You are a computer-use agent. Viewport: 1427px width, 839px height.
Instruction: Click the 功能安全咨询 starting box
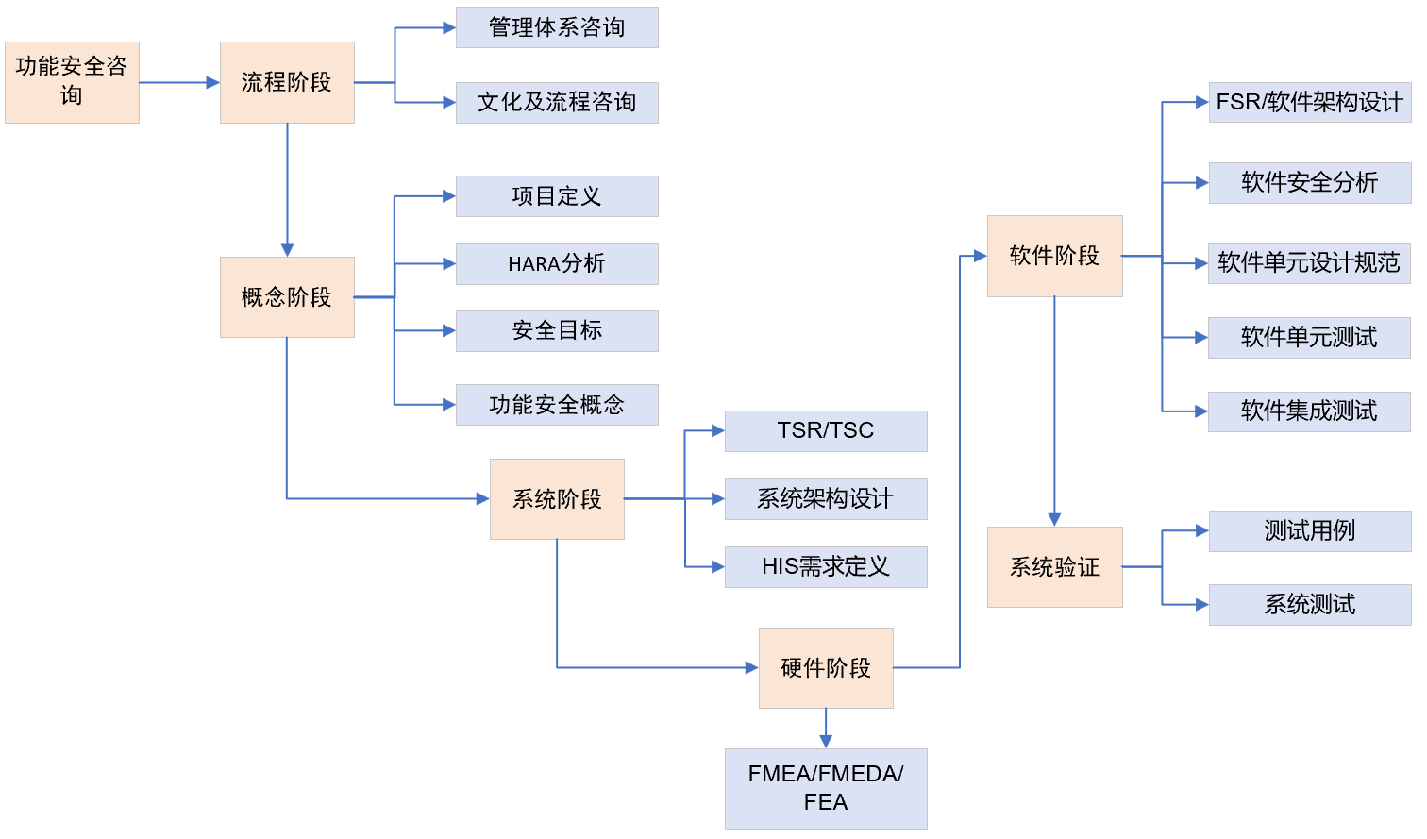[x=72, y=82]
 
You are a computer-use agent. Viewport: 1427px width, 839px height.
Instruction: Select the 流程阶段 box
[x=287, y=82]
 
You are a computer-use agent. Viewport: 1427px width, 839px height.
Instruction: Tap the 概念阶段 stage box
[x=287, y=297]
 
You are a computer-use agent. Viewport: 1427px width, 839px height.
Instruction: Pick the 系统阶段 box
[x=557, y=499]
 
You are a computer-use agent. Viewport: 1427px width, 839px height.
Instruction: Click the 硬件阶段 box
[x=826, y=668]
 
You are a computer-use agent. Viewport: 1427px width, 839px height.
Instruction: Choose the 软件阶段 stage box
[x=1054, y=256]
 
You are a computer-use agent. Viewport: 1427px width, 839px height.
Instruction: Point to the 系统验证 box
[x=1054, y=567]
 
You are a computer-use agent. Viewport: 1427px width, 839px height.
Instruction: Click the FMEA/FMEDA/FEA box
[x=826, y=788]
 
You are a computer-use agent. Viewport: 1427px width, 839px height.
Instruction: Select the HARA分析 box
[x=557, y=264]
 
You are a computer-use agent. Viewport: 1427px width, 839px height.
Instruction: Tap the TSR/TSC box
[x=826, y=431]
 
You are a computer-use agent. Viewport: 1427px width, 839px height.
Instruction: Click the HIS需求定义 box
[x=826, y=567]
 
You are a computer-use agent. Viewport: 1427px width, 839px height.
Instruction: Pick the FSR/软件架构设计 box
[x=1310, y=102]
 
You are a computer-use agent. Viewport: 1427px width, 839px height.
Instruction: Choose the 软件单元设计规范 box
[x=1310, y=263]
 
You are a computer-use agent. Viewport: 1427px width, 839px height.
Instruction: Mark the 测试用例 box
[x=1310, y=531]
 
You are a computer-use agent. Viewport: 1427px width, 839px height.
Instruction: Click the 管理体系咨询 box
[x=557, y=27]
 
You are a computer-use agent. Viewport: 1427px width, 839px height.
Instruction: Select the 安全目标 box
[x=557, y=331]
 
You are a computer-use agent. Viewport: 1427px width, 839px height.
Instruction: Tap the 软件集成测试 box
[x=1309, y=411]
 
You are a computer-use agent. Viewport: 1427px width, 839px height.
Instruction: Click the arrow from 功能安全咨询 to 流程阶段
[x=179, y=83]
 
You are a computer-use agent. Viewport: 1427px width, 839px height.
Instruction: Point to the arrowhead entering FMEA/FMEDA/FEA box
[x=826, y=742]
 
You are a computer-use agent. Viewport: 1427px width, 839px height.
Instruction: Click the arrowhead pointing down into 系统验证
[x=1054, y=519]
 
